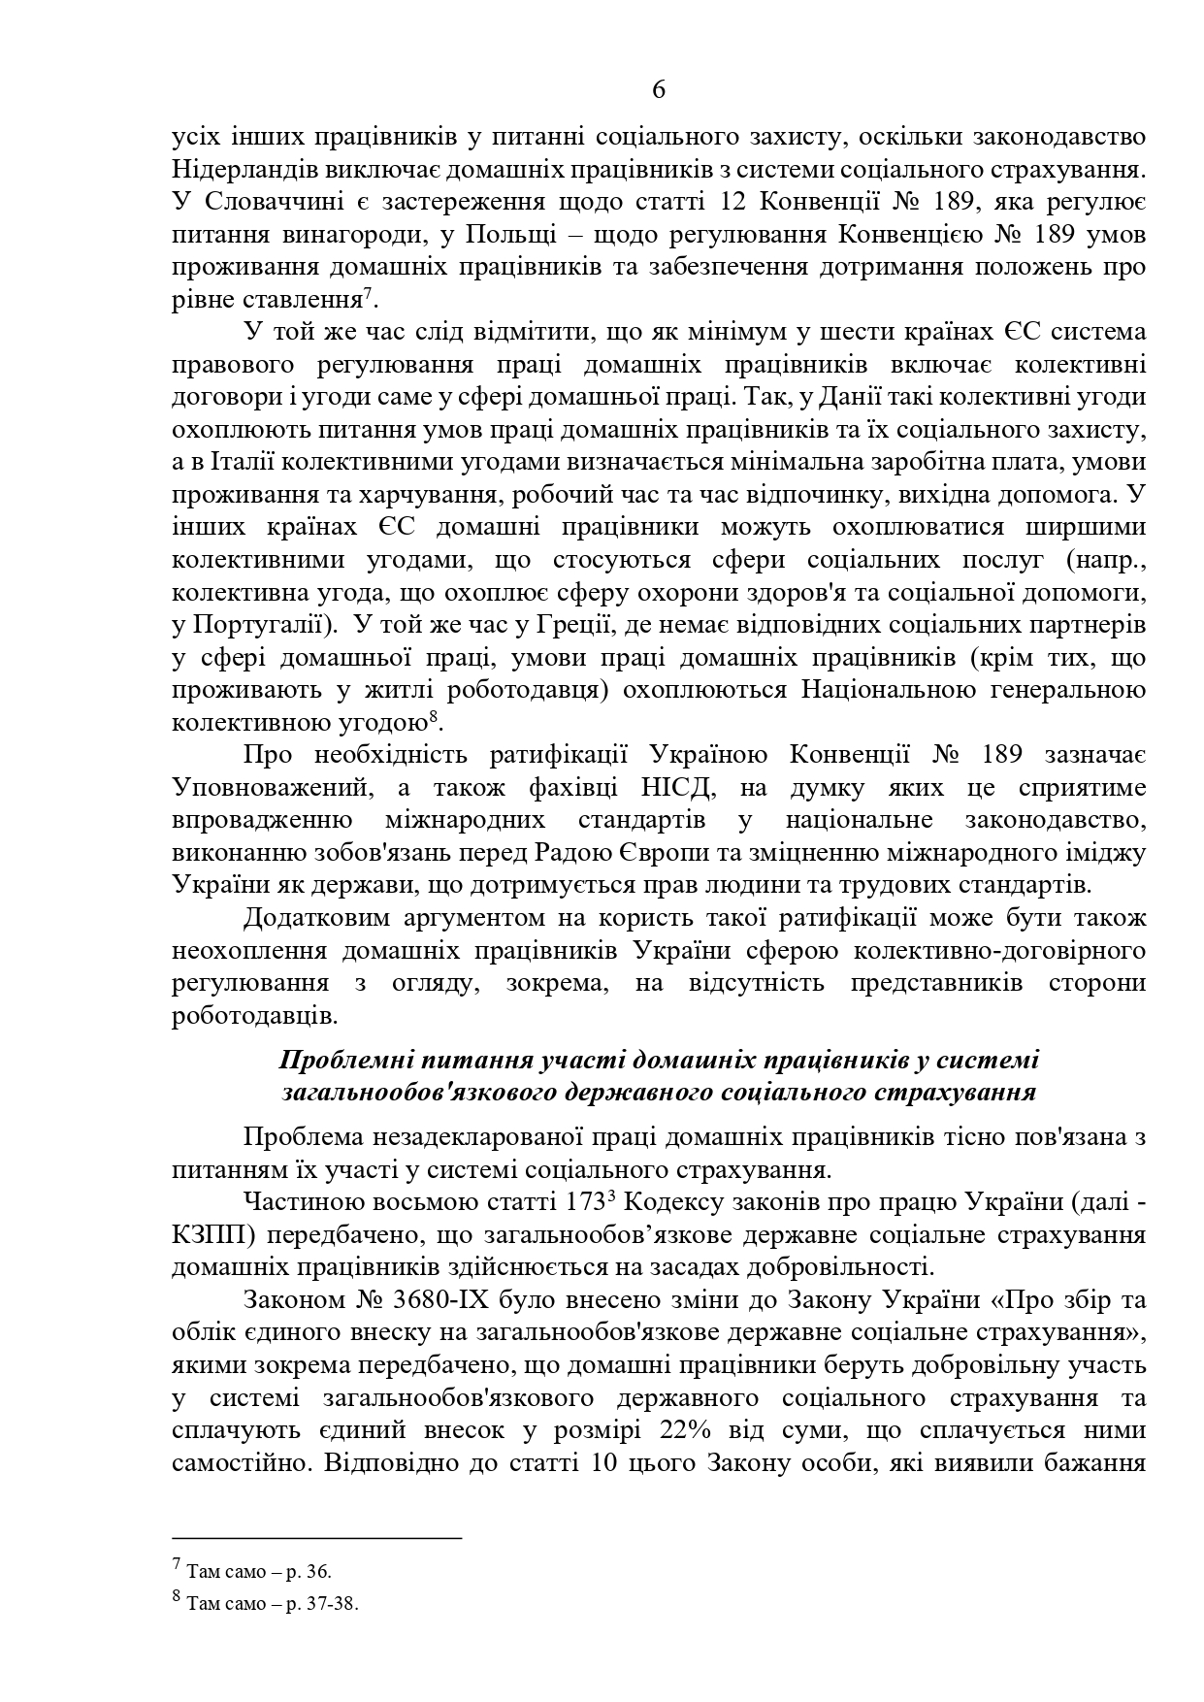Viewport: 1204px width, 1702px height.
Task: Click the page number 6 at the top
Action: (x=659, y=90)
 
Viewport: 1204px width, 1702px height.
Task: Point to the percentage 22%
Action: (x=687, y=1431)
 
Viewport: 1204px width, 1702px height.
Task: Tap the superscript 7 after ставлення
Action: (x=370, y=294)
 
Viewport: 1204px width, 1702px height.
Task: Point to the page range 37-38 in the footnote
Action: (x=335, y=1605)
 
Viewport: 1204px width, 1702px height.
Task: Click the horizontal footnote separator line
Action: (x=316, y=1538)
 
